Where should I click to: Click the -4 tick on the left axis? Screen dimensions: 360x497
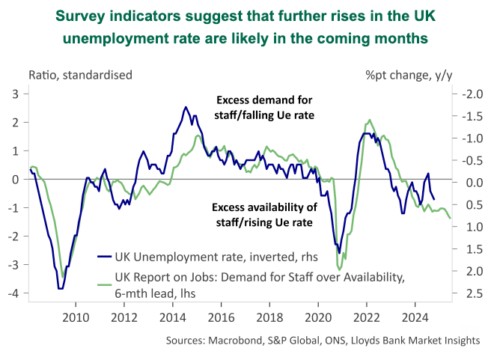[x=13, y=293]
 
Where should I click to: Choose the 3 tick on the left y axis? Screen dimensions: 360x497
[x=16, y=94]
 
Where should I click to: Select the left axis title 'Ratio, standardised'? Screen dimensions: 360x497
[x=80, y=74]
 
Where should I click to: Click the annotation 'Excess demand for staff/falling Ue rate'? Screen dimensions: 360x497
[x=265, y=107]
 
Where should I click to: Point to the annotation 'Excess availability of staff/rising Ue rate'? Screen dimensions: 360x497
[x=265, y=215]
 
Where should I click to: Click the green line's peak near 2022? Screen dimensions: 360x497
[x=369, y=120]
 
